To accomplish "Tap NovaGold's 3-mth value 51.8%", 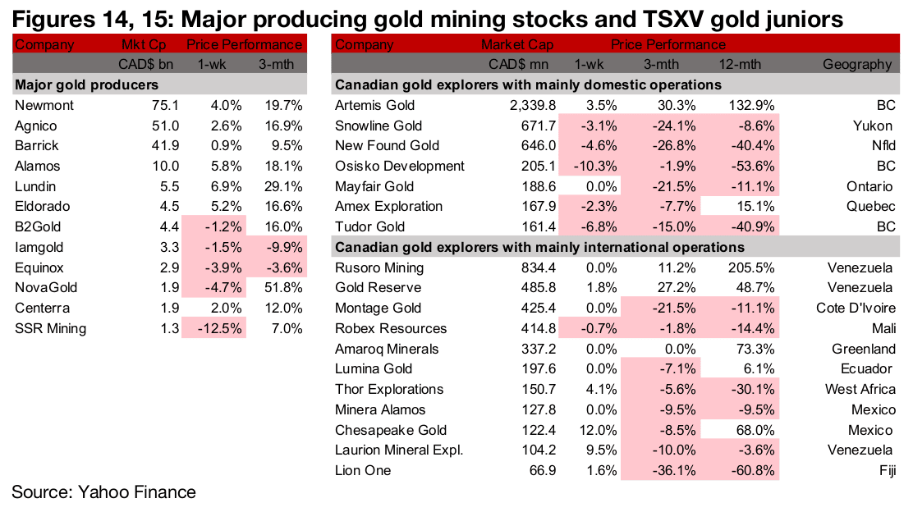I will coord(282,288).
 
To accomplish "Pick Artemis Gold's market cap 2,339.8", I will coord(533,105).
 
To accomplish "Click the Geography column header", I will coord(857,64).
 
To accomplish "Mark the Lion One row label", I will coord(363,470).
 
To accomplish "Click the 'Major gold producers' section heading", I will coord(86,85).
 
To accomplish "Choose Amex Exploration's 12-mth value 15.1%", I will coord(754,206).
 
